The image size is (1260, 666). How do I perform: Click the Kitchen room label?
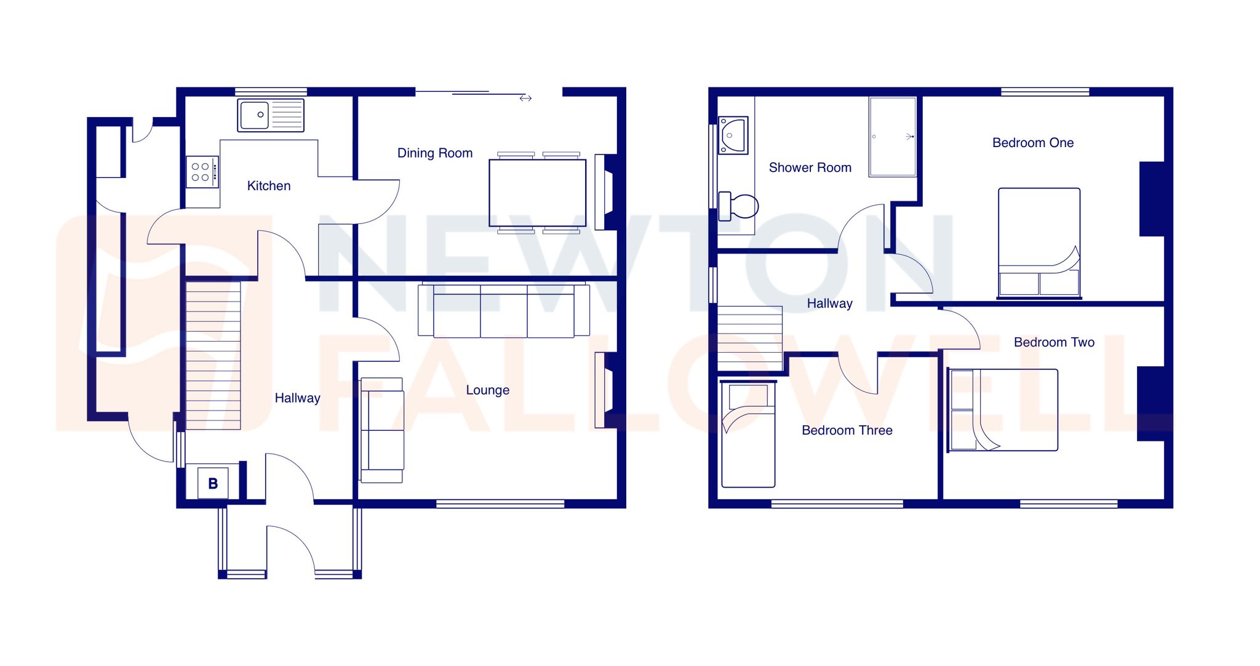pos(268,186)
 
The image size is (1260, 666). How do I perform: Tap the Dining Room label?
pos(434,153)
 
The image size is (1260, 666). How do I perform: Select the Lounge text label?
pos(487,390)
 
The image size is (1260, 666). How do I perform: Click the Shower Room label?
pos(810,167)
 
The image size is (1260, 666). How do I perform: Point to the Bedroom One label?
pos(1032,143)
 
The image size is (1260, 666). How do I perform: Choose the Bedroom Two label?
pos(1054,342)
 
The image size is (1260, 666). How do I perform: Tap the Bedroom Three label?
pos(847,430)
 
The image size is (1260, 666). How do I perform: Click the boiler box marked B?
pos(213,483)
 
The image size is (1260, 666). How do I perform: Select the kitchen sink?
pos(271,115)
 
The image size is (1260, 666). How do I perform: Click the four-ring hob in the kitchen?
pos(202,172)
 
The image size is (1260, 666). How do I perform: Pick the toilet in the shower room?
pos(738,206)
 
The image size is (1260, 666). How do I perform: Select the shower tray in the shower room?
pos(892,137)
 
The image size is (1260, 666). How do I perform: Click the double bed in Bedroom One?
pos(1039,243)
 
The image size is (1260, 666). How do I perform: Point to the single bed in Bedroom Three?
pos(748,434)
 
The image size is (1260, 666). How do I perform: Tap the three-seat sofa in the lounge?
pos(503,310)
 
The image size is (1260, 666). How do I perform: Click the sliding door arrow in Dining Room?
pos(525,98)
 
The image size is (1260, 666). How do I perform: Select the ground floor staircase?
pos(213,355)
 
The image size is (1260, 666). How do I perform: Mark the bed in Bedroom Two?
pos(1003,410)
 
